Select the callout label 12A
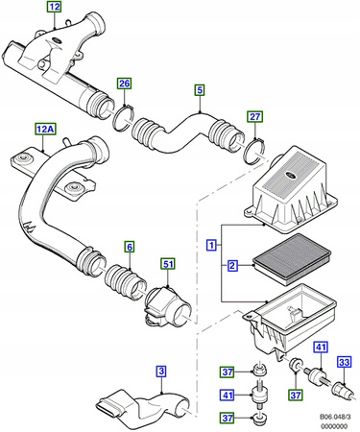click(46, 128)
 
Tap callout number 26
click(124, 84)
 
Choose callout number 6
click(130, 246)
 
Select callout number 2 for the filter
click(232, 266)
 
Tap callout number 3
click(161, 371)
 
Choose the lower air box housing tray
click(293, 317)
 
